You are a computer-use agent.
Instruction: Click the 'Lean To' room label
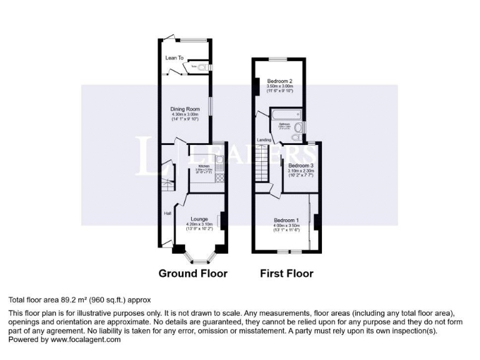click(x=174, y=57)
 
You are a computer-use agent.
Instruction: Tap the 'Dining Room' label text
click(x=184, y=109)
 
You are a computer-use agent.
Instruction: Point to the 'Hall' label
click(x=167, y=214)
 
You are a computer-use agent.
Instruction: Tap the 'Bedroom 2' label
click(x=280, y=81)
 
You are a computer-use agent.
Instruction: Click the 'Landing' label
click(x=263, y=140)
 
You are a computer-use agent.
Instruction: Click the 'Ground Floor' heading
click(x=192, y=273)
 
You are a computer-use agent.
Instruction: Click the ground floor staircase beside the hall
click(x=166, y=186)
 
